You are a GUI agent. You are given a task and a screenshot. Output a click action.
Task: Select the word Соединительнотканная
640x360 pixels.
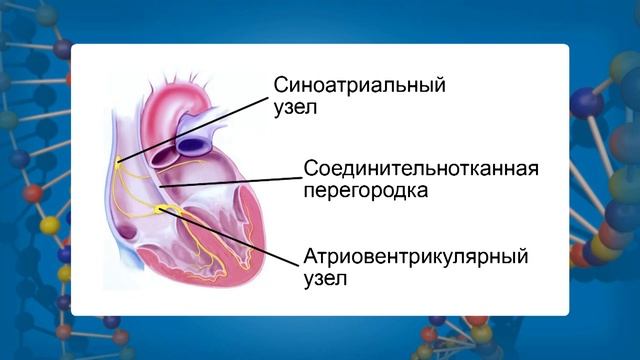pyautogui.click(x=420, y=167)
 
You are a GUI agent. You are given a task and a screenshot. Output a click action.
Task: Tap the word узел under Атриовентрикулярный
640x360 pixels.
pyautogui.click(x=324, y=280)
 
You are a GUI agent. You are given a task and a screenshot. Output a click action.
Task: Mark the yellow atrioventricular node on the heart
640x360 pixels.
pyautogui.click(x=162, y=209)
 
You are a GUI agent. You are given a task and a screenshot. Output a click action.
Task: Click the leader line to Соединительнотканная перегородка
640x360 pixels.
pyautogui.click(x=230, y=180)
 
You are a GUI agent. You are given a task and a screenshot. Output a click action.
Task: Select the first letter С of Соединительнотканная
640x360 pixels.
pyautogui.click(x=309, y=167)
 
